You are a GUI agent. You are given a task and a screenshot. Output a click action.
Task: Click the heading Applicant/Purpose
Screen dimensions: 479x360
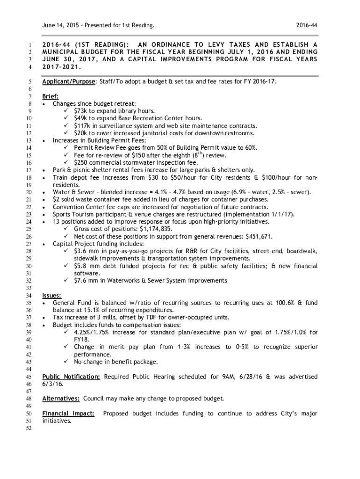(x=68, y=81)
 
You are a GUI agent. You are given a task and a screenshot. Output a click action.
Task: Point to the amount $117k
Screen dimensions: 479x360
(x=82, y=126)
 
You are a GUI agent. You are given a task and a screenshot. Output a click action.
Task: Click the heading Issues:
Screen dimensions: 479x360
(x=51, y=295)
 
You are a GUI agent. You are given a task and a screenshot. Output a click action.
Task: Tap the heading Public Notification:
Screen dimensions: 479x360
(x=71, y=377)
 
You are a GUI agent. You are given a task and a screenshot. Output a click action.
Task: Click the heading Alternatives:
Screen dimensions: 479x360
(x=61, y=399)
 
